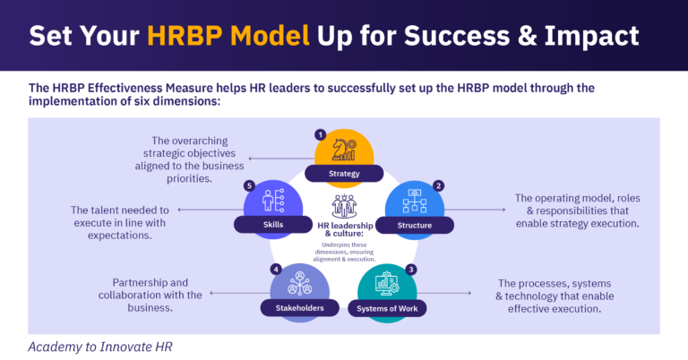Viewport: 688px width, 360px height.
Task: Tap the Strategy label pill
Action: click(344, 173)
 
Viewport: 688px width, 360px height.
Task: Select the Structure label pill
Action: click(415, 225)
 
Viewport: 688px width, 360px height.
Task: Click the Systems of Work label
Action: click(388, 308)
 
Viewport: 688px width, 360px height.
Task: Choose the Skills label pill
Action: click(271, 225)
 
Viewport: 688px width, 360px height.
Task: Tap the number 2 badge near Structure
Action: click(438, 185)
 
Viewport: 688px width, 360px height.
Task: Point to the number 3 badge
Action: click(411, 269)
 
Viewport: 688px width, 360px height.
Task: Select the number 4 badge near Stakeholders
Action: click(276, 269)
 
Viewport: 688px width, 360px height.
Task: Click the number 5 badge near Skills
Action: click(248, 185)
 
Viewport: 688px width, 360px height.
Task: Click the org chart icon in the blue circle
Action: click(416, 199)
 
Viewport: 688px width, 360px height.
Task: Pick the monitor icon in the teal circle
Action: click(388, 283)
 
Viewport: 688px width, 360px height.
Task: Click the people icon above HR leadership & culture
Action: click(344, 205)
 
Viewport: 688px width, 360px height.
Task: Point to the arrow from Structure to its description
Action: click(475, 210)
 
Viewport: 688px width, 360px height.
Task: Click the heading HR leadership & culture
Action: click(344, 230)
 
